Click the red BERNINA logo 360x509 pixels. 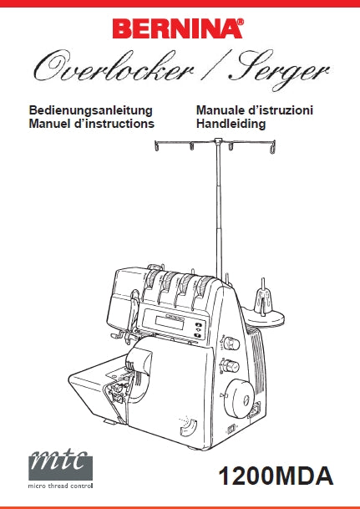pos(178,28)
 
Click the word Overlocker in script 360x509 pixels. pos(114,67)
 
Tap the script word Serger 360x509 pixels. pos(280,70)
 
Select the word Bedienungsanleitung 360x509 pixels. pos(90,110)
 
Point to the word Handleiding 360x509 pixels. pos(231,124)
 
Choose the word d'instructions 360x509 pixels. pos(114,124)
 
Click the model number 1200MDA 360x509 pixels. pos(276,476)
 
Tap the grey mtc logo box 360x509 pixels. pos(61,466)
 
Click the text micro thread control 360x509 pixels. pos(61,486)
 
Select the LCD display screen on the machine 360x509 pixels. pos(170,323)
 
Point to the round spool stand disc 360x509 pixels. pos(263,316)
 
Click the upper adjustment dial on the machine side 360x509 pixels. pos(231,344)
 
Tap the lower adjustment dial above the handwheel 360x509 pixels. pos(231,366)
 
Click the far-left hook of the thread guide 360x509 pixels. pos(157,146)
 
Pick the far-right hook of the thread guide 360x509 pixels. pos(272,147)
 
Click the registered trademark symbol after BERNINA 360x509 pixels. pos(241,22)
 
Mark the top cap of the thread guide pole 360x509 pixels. pos(218,141)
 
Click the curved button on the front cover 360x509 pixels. pos(189,427)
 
